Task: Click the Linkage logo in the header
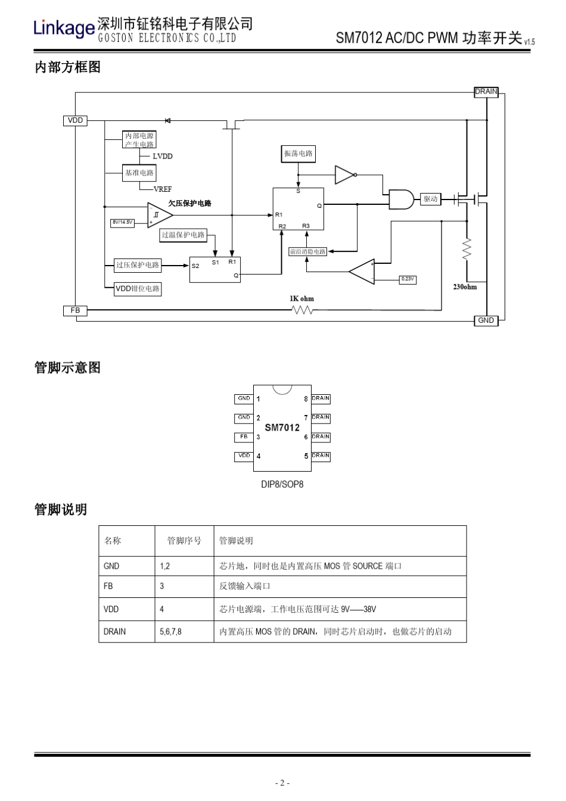point(64,27)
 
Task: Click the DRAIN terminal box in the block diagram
point(486,92)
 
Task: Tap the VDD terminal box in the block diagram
point(75,120)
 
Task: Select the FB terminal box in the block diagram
point(75,310)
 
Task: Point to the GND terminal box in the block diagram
point(486,320)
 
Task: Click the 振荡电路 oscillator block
point(298,154)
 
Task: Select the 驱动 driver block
point(430,199)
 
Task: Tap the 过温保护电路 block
point(183,235)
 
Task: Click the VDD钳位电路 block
point(138,289)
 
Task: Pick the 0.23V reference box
point(408,279)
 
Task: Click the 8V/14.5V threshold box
point(123,222)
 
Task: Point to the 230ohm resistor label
point(465,287)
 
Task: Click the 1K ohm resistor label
point(301,299)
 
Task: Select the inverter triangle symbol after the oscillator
point(344,174)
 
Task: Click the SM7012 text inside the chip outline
point(282,428)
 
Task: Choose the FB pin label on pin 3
point(244,437)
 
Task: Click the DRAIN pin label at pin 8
point(321,398)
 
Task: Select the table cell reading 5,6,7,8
point(171,631)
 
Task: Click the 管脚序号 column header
point(184,541)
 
